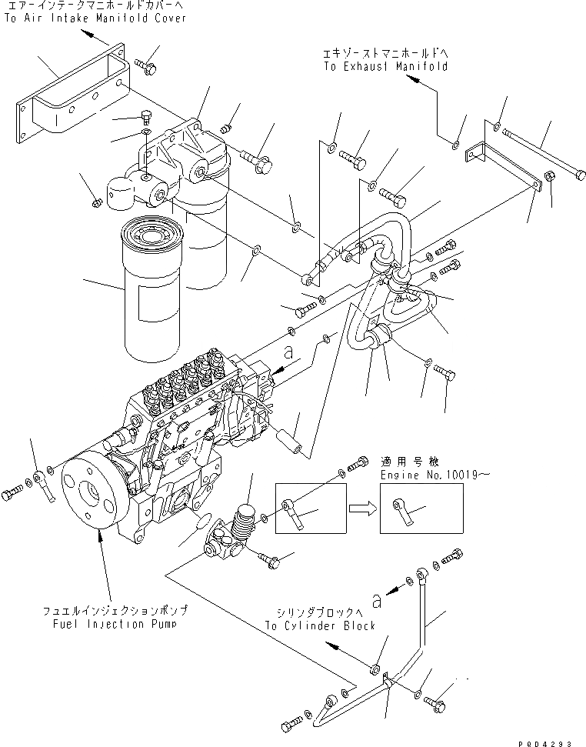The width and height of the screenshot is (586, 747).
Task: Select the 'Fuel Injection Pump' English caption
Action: tap(115, 623)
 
